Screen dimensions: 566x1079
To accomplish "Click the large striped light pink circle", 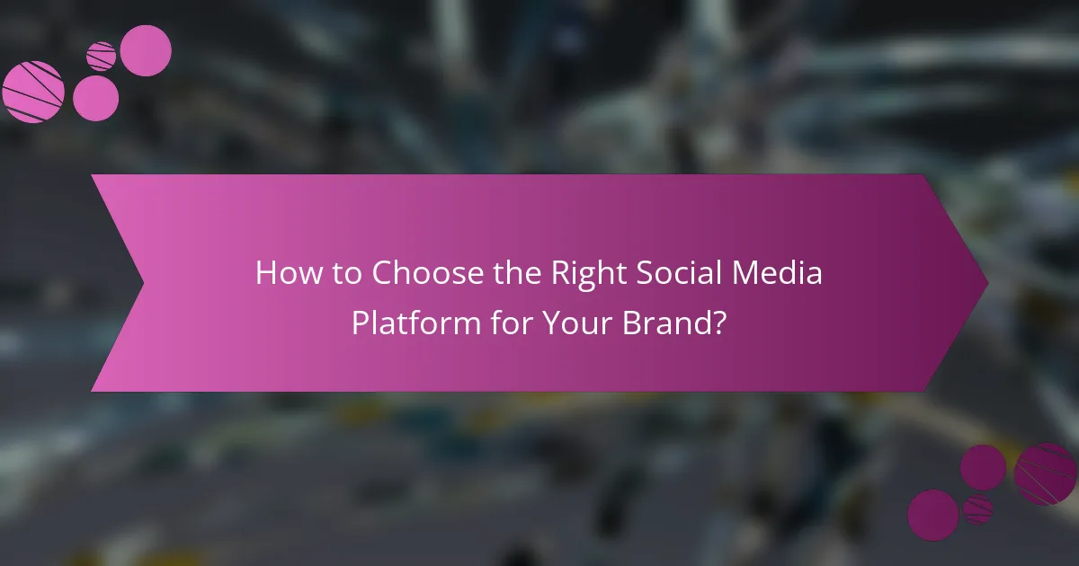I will (32, 91).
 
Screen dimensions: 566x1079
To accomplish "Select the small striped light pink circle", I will (101, 56).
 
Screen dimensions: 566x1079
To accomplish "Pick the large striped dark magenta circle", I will (1045, 473).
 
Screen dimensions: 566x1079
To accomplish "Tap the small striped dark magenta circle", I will (977, 509).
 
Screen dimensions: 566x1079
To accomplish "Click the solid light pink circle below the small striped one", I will (95, 98).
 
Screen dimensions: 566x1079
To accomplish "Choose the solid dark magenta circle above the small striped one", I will (983, 467).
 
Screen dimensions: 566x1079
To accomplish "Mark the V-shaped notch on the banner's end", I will (144, 283).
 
